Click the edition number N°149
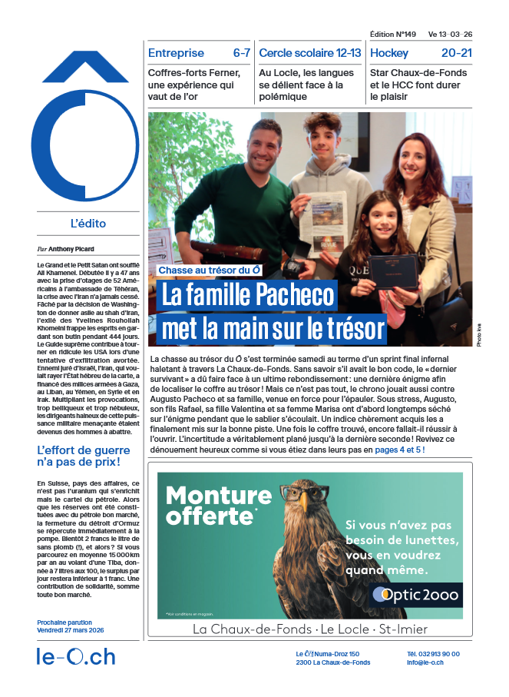(392, 35)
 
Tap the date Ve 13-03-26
(451, 35)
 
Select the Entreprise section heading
(176, 53)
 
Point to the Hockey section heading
(389, 53)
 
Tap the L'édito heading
(88, 224)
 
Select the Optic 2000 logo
(415, 595)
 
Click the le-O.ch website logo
(76, 656)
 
